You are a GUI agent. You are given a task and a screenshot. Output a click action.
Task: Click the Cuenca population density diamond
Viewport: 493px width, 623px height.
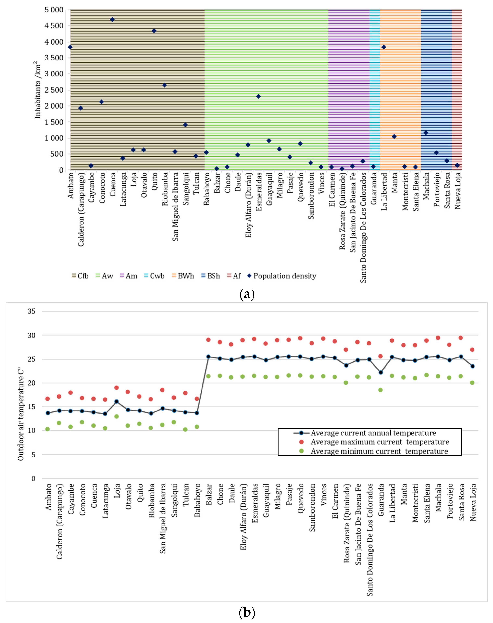point(112,20)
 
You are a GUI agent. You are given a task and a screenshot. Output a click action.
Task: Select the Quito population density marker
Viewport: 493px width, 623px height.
point(154,31)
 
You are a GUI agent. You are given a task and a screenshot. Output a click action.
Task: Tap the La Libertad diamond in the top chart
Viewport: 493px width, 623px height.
point(384,47)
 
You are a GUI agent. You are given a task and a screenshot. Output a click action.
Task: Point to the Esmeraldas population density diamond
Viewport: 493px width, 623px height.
point(258,96)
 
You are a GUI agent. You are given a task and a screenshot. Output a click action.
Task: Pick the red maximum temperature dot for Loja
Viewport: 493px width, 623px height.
point(117,388)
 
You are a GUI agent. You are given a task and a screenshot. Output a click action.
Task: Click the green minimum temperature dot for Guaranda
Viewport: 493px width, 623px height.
point(380,390)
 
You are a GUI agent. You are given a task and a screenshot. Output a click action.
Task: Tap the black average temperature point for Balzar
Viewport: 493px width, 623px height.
point(208,357)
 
